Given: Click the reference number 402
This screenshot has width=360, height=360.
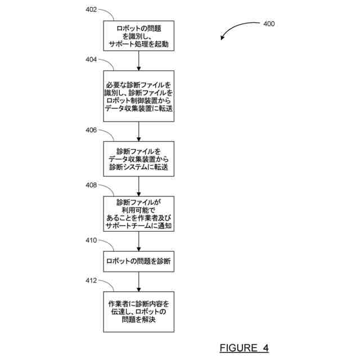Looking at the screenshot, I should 91,10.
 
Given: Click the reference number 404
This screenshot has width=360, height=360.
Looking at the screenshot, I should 91,59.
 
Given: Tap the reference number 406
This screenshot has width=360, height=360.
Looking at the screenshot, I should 91,130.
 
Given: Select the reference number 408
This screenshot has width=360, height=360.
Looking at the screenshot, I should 91,185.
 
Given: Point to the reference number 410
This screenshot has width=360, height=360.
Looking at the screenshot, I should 91,240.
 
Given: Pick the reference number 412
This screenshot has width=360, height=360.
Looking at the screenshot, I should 91,280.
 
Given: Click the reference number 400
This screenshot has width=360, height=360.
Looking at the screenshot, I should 269,24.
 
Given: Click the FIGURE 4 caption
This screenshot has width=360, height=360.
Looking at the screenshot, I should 244,347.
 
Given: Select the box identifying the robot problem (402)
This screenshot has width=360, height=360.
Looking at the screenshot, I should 138,35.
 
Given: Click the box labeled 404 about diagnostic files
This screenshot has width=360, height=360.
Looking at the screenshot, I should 138,96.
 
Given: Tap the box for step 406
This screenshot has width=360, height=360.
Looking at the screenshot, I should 138,159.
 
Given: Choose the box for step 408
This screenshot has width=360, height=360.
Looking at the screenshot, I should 138,214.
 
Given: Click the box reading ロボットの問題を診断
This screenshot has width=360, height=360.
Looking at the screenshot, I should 138,261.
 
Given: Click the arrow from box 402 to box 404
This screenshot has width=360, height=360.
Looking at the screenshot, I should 138,60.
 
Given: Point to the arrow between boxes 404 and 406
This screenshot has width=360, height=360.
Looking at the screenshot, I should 138,131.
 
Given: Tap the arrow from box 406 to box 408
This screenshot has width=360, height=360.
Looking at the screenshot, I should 138,186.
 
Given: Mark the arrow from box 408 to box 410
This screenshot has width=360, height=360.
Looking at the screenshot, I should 138,241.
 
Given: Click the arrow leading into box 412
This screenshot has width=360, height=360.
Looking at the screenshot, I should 138,281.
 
